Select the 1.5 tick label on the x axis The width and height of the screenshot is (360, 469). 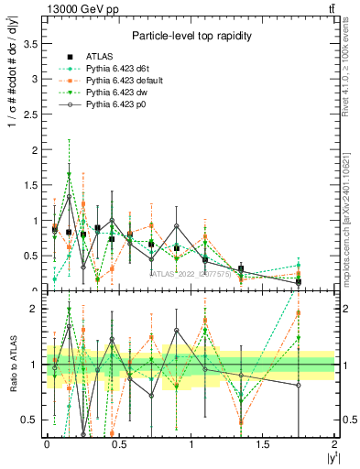[262, 444]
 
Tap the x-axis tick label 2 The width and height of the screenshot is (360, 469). [334, 444]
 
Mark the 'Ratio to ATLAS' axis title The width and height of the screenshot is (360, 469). [11, 365]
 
